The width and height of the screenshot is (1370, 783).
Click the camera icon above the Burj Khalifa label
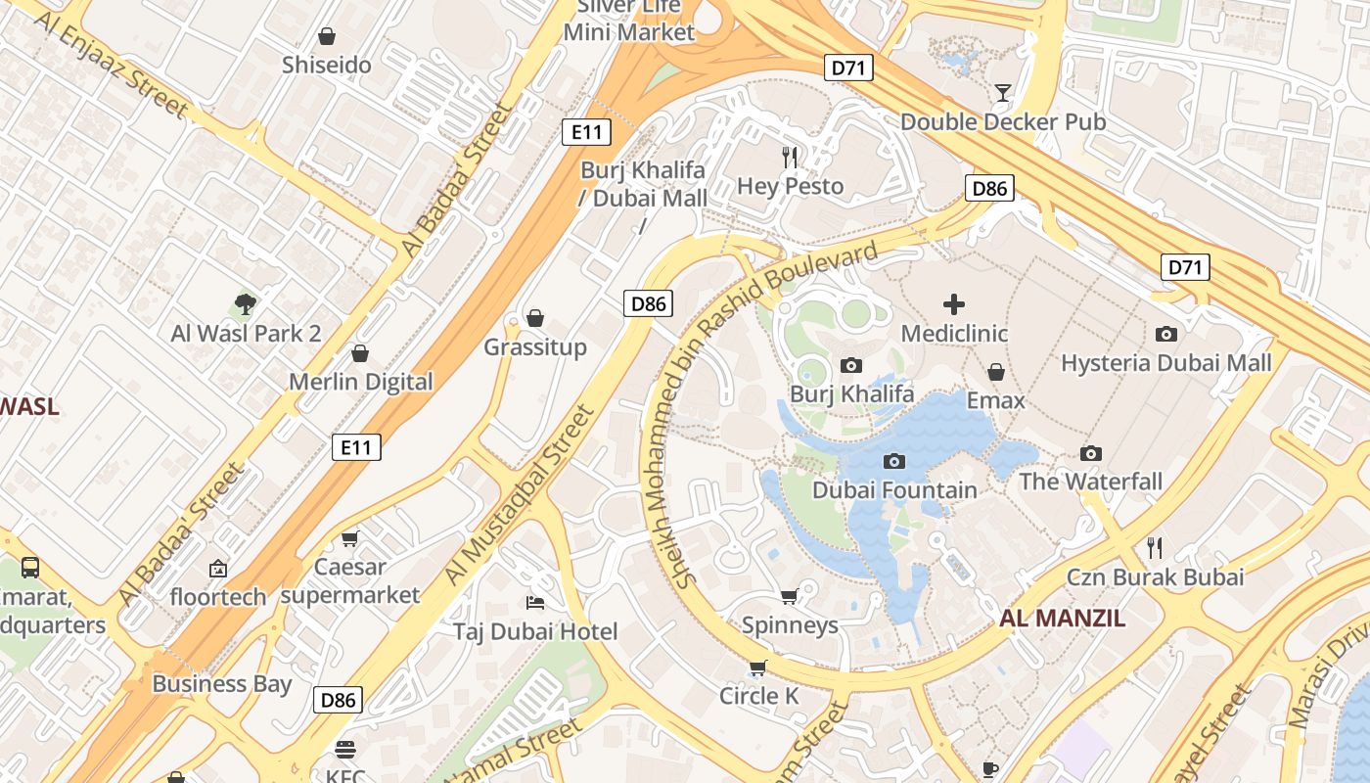pos(851,365)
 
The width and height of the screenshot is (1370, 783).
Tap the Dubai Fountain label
pos(894,490)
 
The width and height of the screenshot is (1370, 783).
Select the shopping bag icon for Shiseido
pos(327,36)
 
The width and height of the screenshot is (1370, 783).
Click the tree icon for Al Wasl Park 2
pos(246,304)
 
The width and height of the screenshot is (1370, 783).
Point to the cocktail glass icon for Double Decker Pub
pos(1003,93)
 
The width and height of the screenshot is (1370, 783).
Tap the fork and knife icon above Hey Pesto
pos(790,157)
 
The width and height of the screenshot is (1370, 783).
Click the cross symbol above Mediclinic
pos(954,304)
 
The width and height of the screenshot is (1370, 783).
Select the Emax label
pos(995,400)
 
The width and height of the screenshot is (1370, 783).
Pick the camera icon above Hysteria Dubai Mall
pos(1165,334)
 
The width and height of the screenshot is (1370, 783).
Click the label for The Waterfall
pos(1090,482)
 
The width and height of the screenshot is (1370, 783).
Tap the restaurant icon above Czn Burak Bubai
pos(1155,547)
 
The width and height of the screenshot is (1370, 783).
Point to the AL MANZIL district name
pos(1062,619)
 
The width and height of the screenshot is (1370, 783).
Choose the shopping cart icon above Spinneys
pos(789,596)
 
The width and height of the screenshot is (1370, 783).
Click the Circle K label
pos(759,696)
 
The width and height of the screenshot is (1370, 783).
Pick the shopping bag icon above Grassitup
pos(535,318)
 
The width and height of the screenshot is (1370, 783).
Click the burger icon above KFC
pos(344,750)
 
